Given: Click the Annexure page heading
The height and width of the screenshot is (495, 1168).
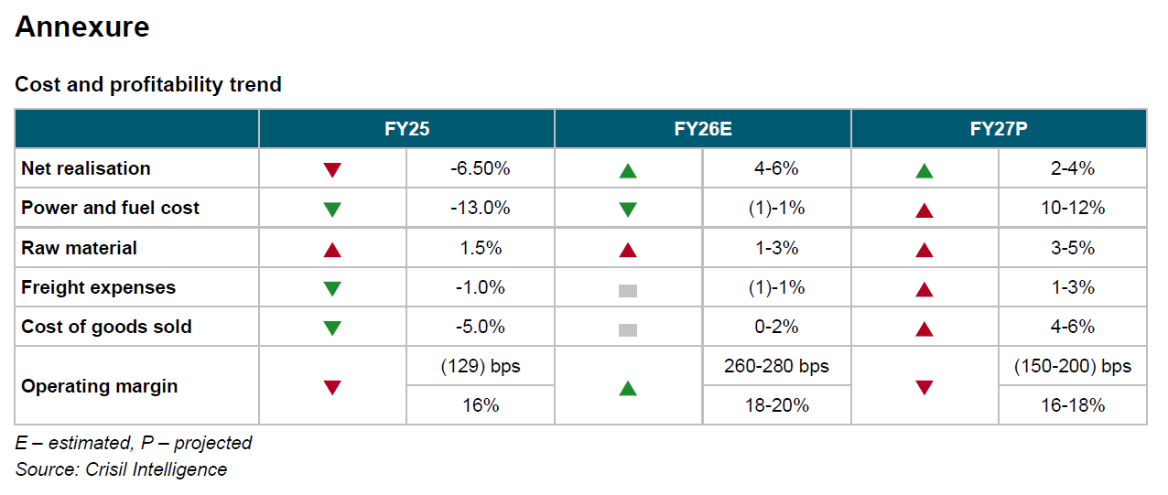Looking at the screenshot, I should (x=82, y=27).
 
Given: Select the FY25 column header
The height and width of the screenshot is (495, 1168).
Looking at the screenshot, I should (x=406, y=129).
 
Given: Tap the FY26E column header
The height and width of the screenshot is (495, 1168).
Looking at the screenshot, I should (x=702, y=129).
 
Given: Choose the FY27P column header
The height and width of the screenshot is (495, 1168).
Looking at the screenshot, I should (x=999, y=129).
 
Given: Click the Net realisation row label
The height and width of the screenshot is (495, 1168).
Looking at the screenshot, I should (x=86, y=168).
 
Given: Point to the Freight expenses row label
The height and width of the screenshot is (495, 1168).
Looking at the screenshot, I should (x=98, y=287).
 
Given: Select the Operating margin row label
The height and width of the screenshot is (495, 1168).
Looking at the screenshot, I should (x=99, y=386).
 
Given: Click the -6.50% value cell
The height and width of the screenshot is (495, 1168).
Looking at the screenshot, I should (x=480, y=168).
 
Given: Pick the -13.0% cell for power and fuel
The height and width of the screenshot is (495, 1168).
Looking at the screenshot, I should (x=480, y=208).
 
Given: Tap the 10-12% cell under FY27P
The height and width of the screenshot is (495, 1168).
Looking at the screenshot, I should (x=1072, y=208).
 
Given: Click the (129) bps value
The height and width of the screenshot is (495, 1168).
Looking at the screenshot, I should (x=480, y=366).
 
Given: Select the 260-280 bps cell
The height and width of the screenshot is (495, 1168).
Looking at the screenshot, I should (x=776, y=366).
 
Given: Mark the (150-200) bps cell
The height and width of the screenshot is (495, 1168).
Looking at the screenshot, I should (x=1072, y=366).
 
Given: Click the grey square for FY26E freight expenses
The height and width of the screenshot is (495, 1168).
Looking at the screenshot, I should (x=627, y=291).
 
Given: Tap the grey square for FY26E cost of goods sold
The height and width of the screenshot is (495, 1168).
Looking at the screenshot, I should (x=627, y=330).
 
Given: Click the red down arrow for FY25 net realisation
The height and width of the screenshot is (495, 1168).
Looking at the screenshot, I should (x=332, y=169).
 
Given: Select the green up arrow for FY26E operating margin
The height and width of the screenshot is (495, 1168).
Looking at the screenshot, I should (x=627, y=387).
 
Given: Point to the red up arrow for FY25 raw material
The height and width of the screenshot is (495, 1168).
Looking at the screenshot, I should (x=332, y=249).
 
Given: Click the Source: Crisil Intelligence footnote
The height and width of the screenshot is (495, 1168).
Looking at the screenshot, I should (x=121, y=469).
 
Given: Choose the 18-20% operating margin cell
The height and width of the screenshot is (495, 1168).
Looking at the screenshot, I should (x=776, y=405).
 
